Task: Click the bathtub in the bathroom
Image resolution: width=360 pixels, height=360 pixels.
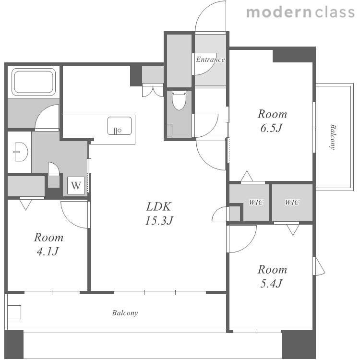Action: (34, 82)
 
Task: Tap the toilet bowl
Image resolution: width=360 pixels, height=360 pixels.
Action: (179, 100)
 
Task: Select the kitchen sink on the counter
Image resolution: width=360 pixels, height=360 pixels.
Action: (120, 126)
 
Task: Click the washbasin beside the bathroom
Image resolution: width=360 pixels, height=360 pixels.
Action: (21, 152)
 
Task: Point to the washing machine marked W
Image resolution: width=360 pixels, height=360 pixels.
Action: (76, 185)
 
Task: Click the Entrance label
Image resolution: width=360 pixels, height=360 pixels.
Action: (210, 60)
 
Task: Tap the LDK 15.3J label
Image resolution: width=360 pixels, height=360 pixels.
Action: (159, 214)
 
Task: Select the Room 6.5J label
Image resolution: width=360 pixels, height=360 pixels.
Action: (272, 121)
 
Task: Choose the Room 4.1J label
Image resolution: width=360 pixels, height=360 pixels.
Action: (48, 244)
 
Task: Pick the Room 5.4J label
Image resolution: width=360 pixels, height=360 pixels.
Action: (272, 276)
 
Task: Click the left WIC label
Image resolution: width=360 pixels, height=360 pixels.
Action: (256, 202)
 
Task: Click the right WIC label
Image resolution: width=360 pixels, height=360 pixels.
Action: (292, 202)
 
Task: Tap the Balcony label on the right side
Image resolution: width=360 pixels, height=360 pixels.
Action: (333, 137)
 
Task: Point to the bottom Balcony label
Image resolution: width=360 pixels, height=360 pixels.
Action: (125, 313)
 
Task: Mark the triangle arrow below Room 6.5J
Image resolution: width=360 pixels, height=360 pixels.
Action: (247, 176)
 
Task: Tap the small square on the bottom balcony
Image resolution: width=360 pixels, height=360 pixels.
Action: (14, 312)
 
